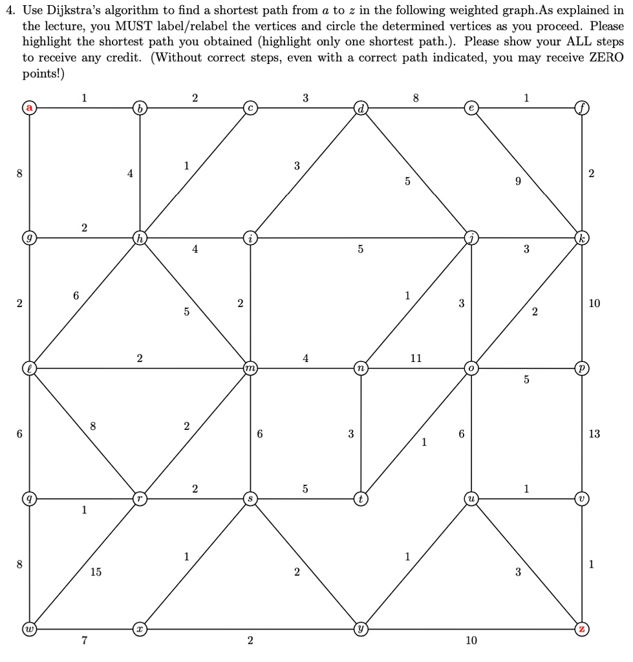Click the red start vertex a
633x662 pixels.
coord(30,107)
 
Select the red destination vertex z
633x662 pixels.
coord(583,628)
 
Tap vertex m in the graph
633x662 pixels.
coord(250,368)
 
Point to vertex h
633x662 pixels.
coord(140,238)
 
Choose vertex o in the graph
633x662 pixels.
coord(472,368)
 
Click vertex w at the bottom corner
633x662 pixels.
coord(30,628)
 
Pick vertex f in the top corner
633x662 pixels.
coord(583,107)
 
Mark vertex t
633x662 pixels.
coord(361,499)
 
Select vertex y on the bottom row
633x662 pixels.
coord(361,628)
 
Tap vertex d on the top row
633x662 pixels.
coord(361,107)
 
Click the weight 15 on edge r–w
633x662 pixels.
coord(96,572)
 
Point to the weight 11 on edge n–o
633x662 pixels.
coord(416,358)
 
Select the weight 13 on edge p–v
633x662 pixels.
coord(594,434)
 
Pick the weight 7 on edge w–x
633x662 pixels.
coord(85,641)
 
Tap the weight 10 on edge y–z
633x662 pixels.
coord(471,641)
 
